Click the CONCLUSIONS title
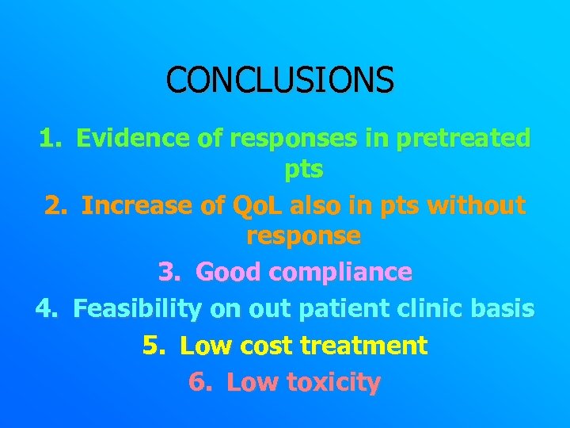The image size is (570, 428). pyautogui.click(x=279, y=79)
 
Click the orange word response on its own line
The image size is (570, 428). pyautogui.click(x=303, y=235)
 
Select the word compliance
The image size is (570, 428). pyautogui.click(x=340, y=272)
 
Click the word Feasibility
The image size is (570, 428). pyautogui.click(x=137, y=308)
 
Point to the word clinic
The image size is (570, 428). pyautogui.click(x=442, y=308)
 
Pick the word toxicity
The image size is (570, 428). pyautogui.click(x=332, y=382)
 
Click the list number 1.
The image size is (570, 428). pyautogui.click(x=50, y=139)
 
